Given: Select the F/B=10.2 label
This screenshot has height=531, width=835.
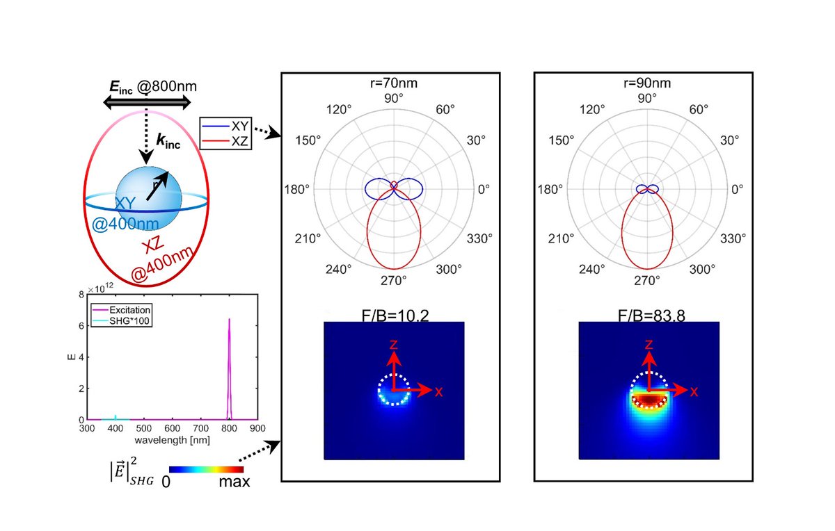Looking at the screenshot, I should (x=394, y=314).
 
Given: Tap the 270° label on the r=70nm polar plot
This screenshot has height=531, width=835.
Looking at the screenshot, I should (x=394, y=281).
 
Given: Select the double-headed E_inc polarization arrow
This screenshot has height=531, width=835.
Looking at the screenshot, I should (x=147, y=102).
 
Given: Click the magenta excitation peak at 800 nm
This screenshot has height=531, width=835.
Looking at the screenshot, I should (x=229, y=368).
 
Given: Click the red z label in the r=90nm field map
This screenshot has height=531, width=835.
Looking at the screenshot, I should (x=649, y=344).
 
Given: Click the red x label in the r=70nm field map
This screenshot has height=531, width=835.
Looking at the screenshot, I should (x=438, y=391).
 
